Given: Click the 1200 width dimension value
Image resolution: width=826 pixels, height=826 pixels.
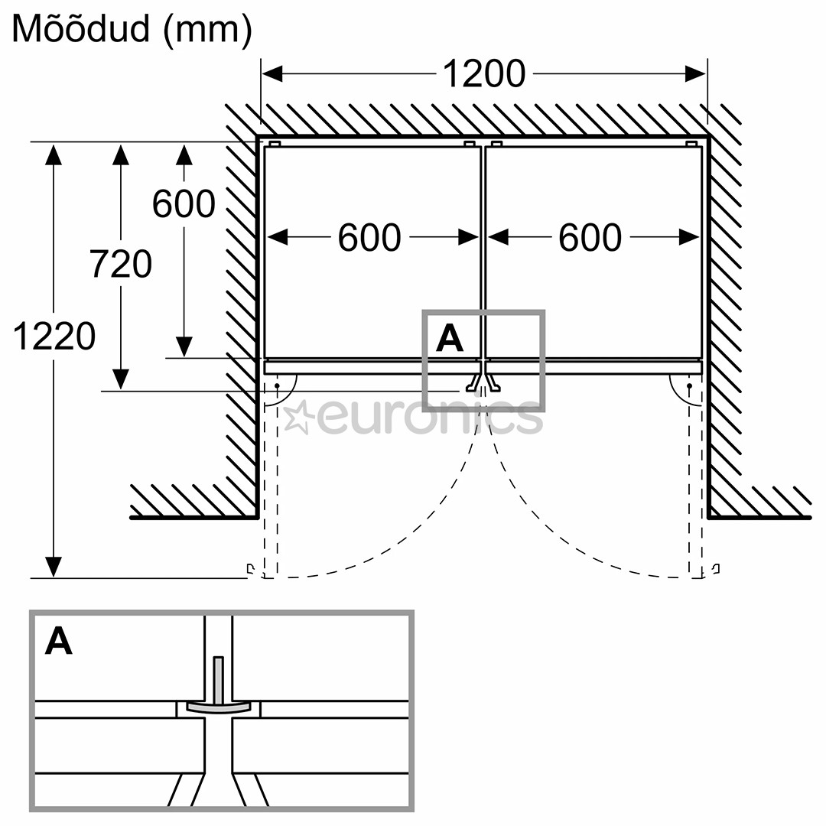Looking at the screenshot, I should tap(483, 74).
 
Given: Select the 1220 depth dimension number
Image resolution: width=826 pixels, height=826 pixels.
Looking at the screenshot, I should tap(54, 337).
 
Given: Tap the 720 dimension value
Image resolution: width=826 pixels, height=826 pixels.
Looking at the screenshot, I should tap(121, 265).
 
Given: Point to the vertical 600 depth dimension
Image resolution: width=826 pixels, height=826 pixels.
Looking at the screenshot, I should tap(184, 204).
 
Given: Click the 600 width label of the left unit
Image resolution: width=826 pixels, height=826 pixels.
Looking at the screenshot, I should tap(369, 238).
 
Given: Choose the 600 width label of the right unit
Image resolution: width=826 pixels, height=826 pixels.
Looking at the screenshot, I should tap(590, 238).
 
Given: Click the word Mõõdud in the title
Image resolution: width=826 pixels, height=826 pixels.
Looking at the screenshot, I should tap(81, 29).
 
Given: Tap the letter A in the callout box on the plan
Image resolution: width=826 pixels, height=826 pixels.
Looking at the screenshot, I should tap(449, 338).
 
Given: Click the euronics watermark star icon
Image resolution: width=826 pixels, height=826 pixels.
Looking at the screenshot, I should tap(298, 416).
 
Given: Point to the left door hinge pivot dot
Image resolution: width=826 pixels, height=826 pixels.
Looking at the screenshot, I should tap(277, 385).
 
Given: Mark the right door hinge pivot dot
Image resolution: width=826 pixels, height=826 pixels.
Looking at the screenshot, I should tap(689, 385).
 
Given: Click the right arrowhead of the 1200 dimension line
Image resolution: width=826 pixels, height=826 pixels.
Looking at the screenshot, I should tap(696, 74).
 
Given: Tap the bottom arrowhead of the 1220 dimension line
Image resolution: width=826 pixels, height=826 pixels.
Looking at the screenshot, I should tap(54, 567).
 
